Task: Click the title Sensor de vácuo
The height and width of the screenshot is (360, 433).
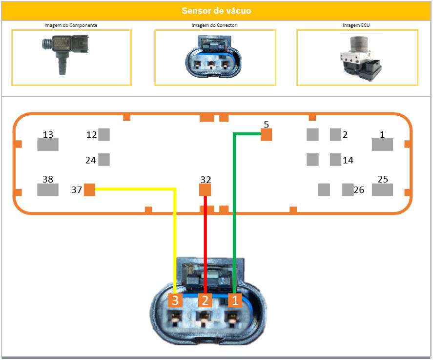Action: pos(216,11)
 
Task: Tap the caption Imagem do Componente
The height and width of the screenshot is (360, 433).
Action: pos(71,25)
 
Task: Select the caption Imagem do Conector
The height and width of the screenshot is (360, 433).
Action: pos(214,25)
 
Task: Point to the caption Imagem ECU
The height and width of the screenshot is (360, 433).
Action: pos(357,25)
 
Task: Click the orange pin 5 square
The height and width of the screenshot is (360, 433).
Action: pos(266,135)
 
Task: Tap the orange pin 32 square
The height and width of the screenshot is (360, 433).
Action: pos(205,189)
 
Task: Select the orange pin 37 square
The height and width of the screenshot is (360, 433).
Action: pos(89,190)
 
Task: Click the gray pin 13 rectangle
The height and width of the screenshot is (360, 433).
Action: pos(48,144)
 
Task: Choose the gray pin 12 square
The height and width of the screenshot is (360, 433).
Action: pos(104,134)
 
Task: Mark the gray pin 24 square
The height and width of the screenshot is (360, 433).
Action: pos(104,159)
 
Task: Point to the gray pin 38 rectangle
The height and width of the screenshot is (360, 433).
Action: pos(48,190)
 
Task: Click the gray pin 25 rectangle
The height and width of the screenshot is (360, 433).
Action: pos(382,190)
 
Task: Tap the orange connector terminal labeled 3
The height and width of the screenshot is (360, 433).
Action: pos(175,300)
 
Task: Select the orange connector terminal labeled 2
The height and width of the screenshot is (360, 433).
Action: pos(205,300)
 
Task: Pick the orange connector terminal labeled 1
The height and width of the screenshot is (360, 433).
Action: pos(235,300)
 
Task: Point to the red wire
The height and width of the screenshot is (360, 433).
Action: pos(206,244)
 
